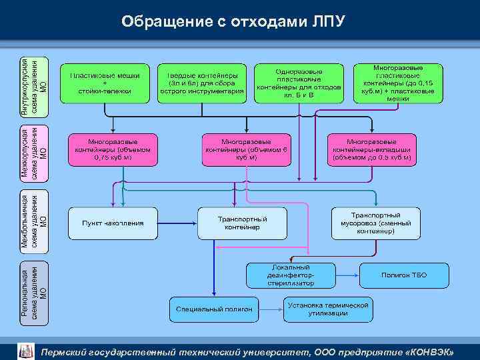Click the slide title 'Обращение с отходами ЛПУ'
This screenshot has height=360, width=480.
point(233,21)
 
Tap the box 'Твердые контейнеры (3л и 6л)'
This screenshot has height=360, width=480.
point(201,83)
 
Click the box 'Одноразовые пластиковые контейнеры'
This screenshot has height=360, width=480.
point(299,83)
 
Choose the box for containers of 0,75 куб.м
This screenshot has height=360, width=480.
point(113,151)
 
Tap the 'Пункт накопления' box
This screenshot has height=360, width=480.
point(113,222)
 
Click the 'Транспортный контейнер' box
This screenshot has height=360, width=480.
point(243,223)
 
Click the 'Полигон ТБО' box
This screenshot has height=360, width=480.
point(403,275)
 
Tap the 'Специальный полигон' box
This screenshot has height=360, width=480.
point(214,309)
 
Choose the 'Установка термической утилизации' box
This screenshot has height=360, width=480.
point(327,309)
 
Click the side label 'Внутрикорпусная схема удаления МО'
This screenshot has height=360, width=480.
point(33,83)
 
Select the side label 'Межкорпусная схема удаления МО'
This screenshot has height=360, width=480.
point(33,152)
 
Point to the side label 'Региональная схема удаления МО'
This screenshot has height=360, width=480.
point(33,293)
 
